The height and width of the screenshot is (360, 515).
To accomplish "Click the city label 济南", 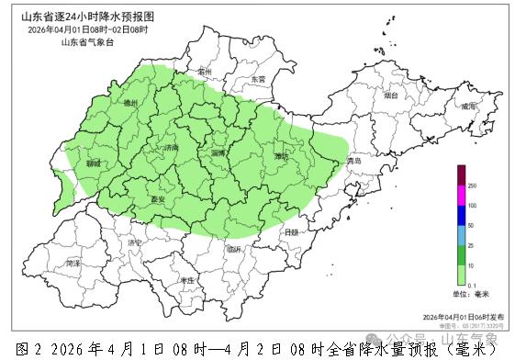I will [x=171, y=147].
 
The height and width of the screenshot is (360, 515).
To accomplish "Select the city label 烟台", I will [x=392, y=95].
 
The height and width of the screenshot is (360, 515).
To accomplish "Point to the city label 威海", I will [x=469, y=107].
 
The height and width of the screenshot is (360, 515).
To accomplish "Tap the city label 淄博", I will [x=218, y=152].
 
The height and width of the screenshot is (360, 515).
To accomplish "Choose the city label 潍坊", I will [x=281, y=157].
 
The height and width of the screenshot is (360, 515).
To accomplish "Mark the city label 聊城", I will [x=93, y=163].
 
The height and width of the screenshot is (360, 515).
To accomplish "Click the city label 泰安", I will [x=157, y=198].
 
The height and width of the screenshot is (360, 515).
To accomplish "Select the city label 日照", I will [x=291, y=233].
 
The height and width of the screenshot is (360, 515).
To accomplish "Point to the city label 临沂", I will [x=234, y=249].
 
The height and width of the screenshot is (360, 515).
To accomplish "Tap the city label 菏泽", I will [x=73, y=264].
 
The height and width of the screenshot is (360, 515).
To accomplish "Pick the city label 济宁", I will [x=135, y=242].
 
